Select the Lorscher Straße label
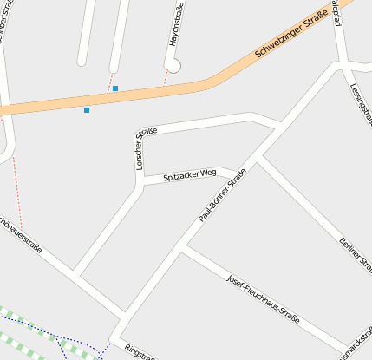coord(144,148)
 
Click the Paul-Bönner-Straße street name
coord(223,195)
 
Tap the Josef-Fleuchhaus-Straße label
coord(262,300)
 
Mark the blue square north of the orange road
coord(115,88)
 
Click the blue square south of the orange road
coord(87,110)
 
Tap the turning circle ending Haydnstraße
coord(173,65)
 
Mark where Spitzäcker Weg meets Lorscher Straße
coord(140,182)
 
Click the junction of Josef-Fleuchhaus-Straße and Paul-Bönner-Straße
coord(181,247)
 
